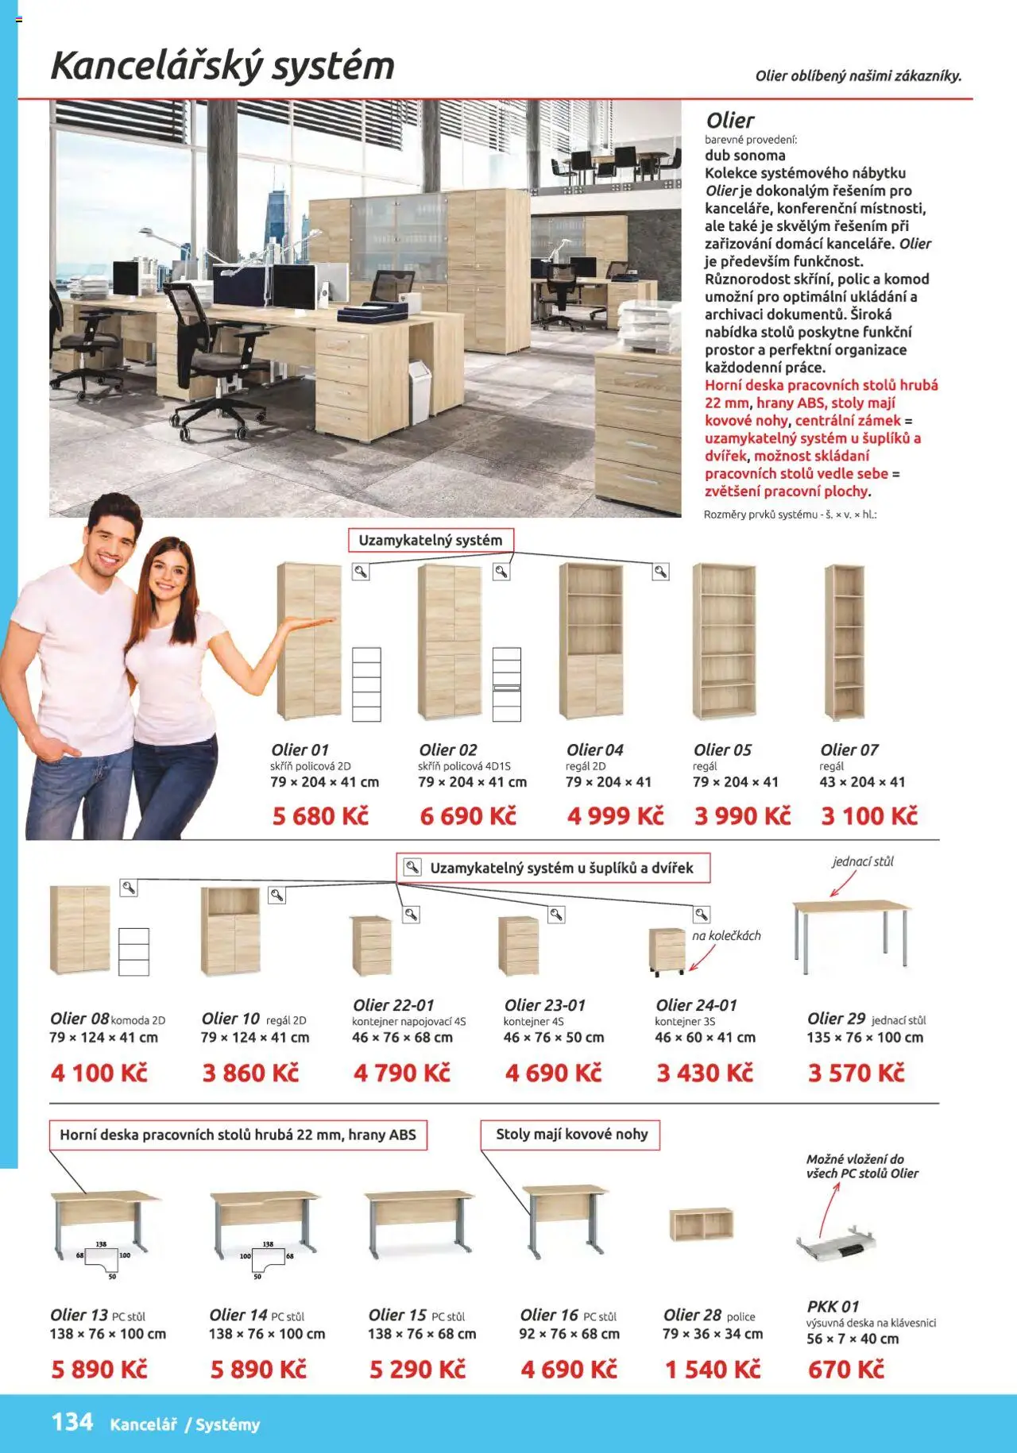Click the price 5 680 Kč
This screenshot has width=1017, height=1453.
(x=320, y=816)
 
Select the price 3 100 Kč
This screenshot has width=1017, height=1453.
(x=869, y=816)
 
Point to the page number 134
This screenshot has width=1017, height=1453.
(x=72, y=1422)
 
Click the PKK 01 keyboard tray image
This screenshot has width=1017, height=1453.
(x=837, y=1243)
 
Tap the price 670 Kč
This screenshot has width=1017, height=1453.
(x=845, y=1370)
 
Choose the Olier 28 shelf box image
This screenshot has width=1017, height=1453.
(x=701, y=1224)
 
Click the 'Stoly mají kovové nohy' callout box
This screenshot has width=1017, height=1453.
(x=570, y=1135)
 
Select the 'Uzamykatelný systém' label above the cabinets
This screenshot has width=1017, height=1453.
(x=431, y=541)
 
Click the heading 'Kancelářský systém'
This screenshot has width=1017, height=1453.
(x=222, y=66)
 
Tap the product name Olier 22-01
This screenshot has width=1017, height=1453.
(x=393, y=1005)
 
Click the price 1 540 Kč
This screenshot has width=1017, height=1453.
(x=713, y=1370)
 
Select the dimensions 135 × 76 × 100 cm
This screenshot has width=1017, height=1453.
(x=865, y=1038)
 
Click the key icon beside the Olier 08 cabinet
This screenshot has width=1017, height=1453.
(x=128, y=888)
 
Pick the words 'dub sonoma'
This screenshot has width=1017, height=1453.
(x=744, y=156)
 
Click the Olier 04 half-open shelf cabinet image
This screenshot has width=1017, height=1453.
(x=592, y=642)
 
